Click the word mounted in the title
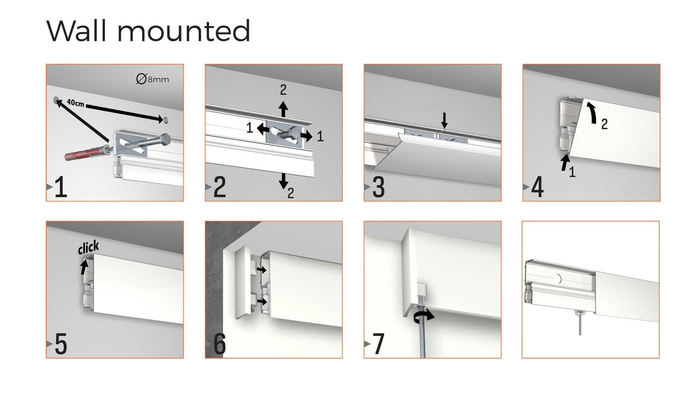184,32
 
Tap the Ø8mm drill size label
153,79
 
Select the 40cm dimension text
75,103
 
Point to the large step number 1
60,187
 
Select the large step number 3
378,188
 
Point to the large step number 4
537,188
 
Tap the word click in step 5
88,247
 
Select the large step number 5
61,344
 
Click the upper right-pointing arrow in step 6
261,269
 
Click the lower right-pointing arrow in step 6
261,301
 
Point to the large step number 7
379,344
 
